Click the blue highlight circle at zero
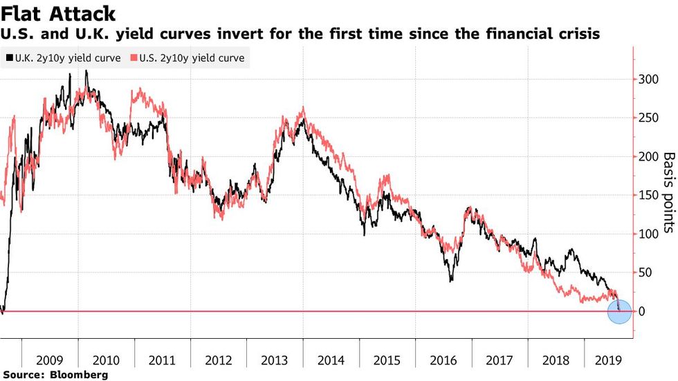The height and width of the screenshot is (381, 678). [x=619, y=311]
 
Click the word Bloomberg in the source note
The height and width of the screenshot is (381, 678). [x=80, y=375]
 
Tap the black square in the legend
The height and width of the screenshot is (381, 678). [x=8, y=58]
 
